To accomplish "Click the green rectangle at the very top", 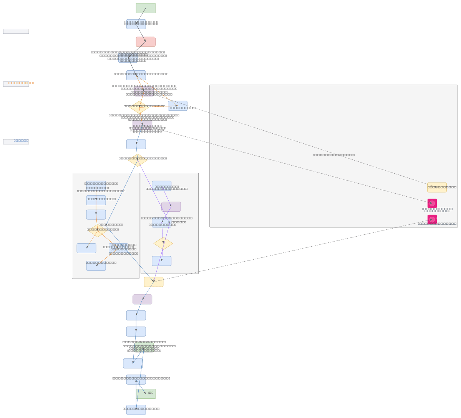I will tap(146, 8).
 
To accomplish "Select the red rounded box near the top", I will tap(146, 42).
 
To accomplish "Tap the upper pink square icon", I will tap(432, 203).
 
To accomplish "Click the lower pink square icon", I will tap(432, 219).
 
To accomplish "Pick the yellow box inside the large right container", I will tap(437, 187).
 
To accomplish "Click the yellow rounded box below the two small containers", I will tap(154, 282).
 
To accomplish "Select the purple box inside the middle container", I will tap(171, 207).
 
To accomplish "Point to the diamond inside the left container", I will tap(98, 231).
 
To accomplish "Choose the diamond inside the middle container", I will tap(163, 244).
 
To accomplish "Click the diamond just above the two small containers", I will tap(138, 160).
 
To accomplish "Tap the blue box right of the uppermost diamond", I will tap(177, 106).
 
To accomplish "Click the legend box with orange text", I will tap(16, 84).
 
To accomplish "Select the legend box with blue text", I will tap(16, 142).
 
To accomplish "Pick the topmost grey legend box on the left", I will tap(16, 32).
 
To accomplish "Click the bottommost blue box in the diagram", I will tap(136, 410).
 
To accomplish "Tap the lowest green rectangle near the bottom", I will tap(146, 394).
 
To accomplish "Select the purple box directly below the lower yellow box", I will tap(143, 299).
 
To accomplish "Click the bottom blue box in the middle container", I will tap(162, 261).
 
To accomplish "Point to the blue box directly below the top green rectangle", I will tap(136, 24).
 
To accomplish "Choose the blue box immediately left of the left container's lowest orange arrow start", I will tap(86, 248).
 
